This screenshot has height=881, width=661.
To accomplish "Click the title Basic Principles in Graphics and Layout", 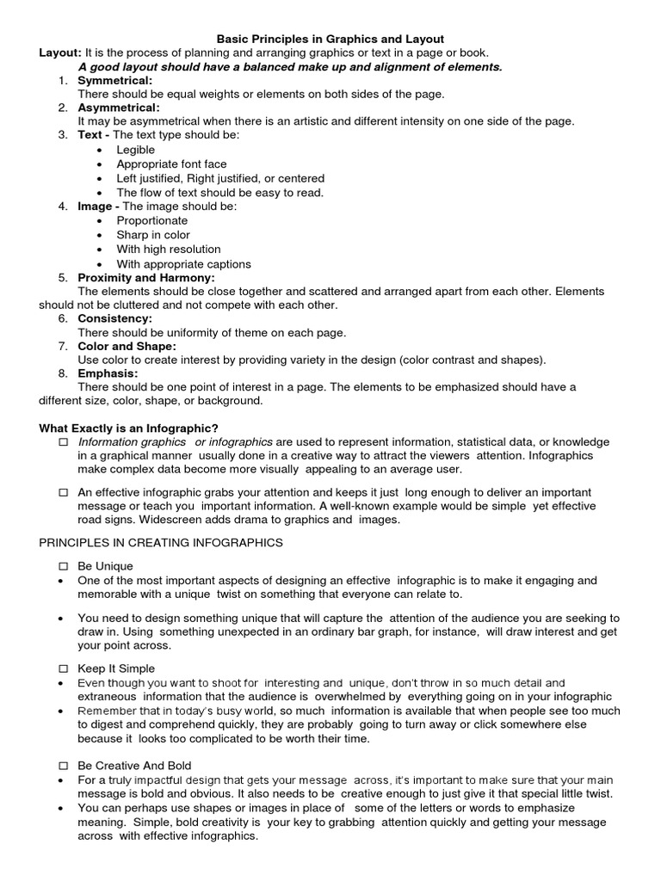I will coord(330,39).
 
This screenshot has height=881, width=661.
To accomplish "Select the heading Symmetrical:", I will coord(115,80).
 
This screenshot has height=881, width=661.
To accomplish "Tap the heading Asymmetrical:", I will coord(119,108).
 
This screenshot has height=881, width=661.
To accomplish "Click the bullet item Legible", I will coord(136,150).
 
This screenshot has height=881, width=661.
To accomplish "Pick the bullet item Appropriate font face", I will coord(171,163).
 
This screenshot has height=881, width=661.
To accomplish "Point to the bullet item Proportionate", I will coord(151,220).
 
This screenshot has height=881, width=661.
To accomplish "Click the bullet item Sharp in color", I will coord(153,235).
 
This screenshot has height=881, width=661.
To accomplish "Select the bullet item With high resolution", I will coord(169,249).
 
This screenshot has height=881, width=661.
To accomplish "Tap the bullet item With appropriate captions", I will coord(184,264).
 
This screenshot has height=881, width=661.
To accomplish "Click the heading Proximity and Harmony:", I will coord(146,278).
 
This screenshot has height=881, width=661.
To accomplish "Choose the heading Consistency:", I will coord(114,318).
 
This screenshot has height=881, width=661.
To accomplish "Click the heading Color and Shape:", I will coord(127,346).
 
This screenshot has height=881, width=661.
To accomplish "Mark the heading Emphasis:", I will coord(108,373).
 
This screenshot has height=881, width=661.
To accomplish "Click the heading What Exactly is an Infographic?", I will coord(128,428).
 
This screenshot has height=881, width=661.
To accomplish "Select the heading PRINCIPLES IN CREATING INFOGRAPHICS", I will coord(161,543).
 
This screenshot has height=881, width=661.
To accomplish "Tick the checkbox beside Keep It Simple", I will coord(63,668).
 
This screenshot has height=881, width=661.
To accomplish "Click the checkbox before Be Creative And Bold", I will coord(63,766).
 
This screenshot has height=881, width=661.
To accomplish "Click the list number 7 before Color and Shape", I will coord(63,346).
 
